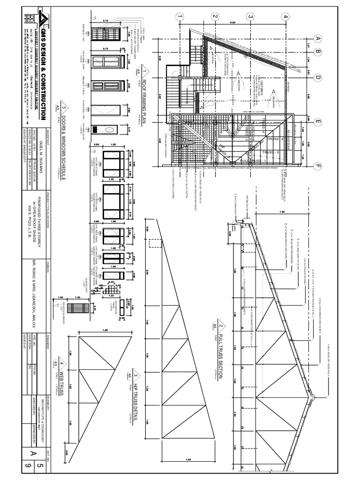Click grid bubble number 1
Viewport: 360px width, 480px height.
click(180, 17)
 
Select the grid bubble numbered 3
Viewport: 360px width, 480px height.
click(250, 17)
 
